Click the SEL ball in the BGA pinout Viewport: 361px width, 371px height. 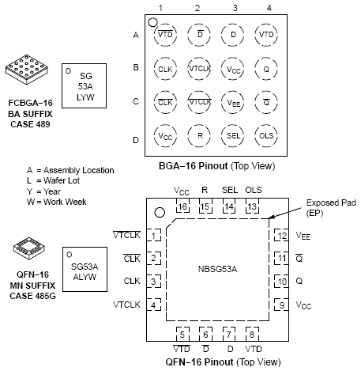[x=233, y=136]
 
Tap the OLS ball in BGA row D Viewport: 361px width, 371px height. [x=266, y=136]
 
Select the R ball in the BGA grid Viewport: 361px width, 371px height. [x=199, y=136]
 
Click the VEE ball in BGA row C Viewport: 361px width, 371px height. [x=233, y=102]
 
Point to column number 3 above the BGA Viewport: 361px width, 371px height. [x=235, y=8]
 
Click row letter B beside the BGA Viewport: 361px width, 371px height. [x=136, y=67]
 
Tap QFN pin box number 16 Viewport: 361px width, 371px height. [x=182, y=206]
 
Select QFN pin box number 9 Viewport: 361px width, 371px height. [x=281, y=305]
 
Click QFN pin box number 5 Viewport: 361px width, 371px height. [x=182, y=334]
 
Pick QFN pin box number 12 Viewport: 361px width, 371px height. [x=281, y=236]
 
